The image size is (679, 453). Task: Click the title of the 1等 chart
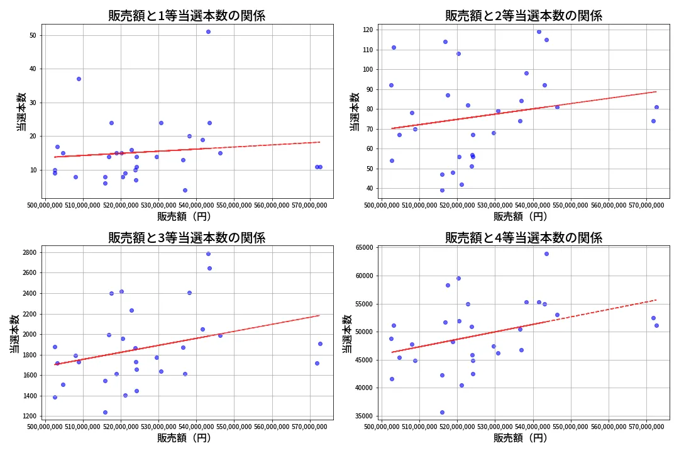pyautogui.click(x=187, y=16)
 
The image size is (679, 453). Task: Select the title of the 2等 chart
pyautogui.click(x=524, y=16)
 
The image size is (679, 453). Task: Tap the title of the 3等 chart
pyautogui.click(x=187, y=238)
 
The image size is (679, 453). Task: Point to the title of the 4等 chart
pyautogui.click(x=524, y=238)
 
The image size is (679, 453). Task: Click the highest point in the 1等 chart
pyautogui.click(x=208, y=31)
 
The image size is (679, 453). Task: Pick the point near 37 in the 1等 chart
pyautogui.click(x=79, y=79)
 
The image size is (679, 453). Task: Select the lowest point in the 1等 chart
pyautogui.click(x=185, y=190)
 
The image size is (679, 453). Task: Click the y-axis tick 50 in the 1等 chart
pyautogui.click(x=33, y=35)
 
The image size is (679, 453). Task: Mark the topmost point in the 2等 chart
pyautogui.click(x=539, y=31)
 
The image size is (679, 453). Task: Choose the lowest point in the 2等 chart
pyautogui.click(x=442, y=190)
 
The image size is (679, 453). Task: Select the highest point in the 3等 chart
pyautogui.click(x=208, y=254)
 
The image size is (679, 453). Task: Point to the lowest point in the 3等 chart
pyautogui.click(x=105, y=412)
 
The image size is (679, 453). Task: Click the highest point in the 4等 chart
pyautogui.click(x=546, y=254)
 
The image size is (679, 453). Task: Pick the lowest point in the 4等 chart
pyautogui.click(x=442, y=412)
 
